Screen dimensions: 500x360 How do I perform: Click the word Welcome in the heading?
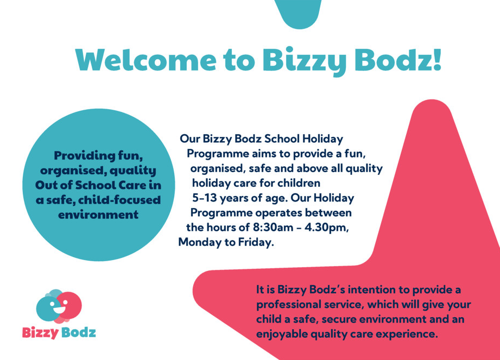[145, 60]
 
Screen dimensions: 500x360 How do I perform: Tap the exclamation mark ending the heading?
[436, 59]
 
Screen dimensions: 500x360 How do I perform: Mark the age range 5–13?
[204, 198]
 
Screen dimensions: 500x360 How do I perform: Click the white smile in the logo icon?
[59, 310]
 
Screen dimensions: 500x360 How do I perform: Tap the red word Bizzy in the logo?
[40, 332]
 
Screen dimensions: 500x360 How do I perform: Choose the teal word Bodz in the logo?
[78, 332]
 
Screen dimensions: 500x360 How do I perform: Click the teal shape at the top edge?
[299, 12]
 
